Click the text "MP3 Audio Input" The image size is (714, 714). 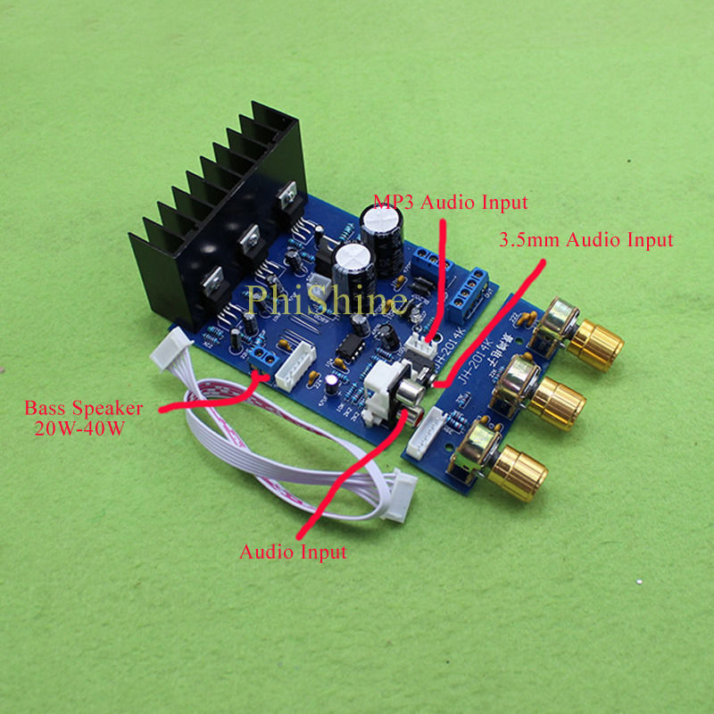tap(450, 202)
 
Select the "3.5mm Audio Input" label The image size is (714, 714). tap(585, 239)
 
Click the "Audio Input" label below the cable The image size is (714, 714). tap(292, 552)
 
